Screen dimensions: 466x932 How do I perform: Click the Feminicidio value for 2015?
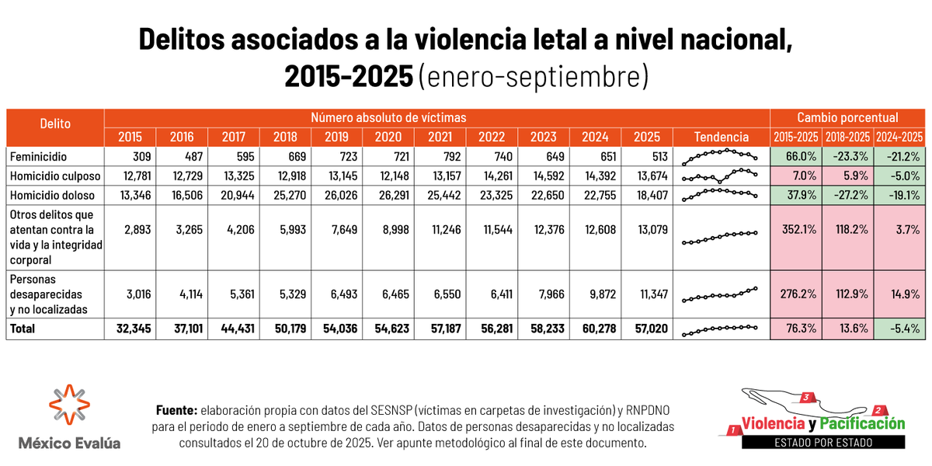141,156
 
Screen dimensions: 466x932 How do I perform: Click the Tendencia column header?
722,137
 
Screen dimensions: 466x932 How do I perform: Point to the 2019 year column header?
336,137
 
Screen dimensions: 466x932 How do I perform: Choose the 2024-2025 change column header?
899,137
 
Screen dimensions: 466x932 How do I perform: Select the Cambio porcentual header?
847,118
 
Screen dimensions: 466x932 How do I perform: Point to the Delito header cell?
54,124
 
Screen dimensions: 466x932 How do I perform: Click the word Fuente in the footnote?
176,410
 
